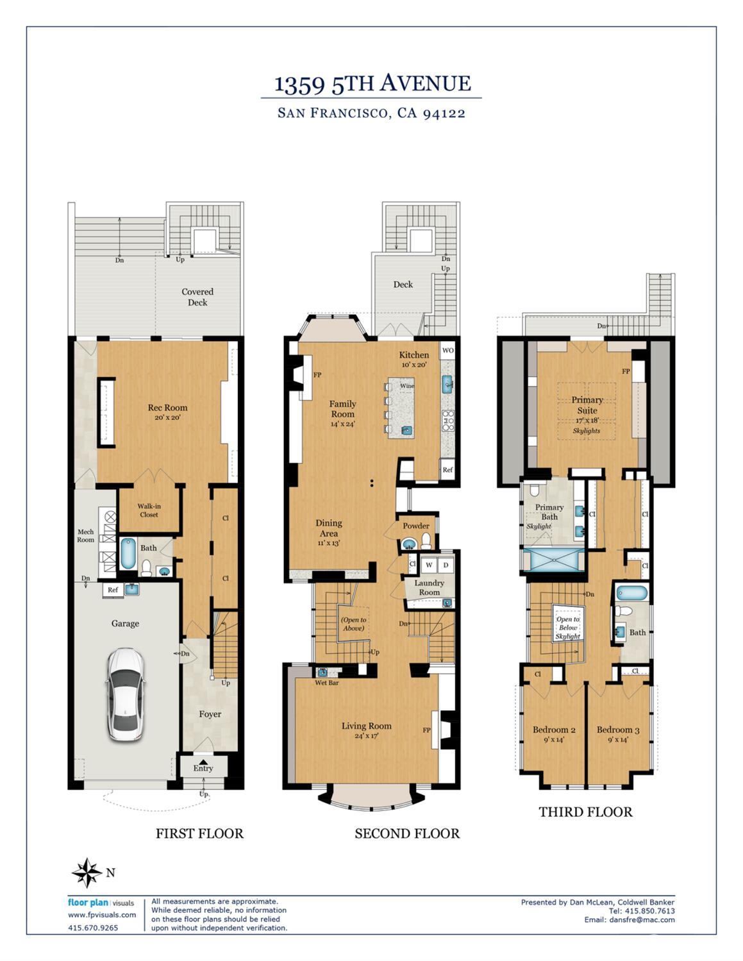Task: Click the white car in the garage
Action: tap(126, 694)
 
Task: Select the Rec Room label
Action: tap(167, 408)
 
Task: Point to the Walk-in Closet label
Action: tap(149, 510)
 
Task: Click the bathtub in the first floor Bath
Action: tap(128, 553)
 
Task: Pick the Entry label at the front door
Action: tap(203, 768)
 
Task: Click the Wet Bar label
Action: tap(327, 682)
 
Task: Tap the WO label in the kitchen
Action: tap(447, 351)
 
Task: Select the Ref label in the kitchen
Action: tap(447, 470)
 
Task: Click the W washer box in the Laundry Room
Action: tap(428, 565)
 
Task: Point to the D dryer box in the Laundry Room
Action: tap(446, 565)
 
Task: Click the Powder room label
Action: tap(415, 526)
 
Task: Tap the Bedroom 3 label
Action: tap(618, 730)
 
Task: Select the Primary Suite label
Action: tap(587, 405)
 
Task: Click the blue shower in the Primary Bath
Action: tap(554, 560)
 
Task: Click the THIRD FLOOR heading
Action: tap(585, 812)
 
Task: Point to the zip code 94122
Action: tap(444, 113)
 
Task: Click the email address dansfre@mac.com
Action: tap(642, 919)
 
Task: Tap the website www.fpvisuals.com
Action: tap(102, 915)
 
